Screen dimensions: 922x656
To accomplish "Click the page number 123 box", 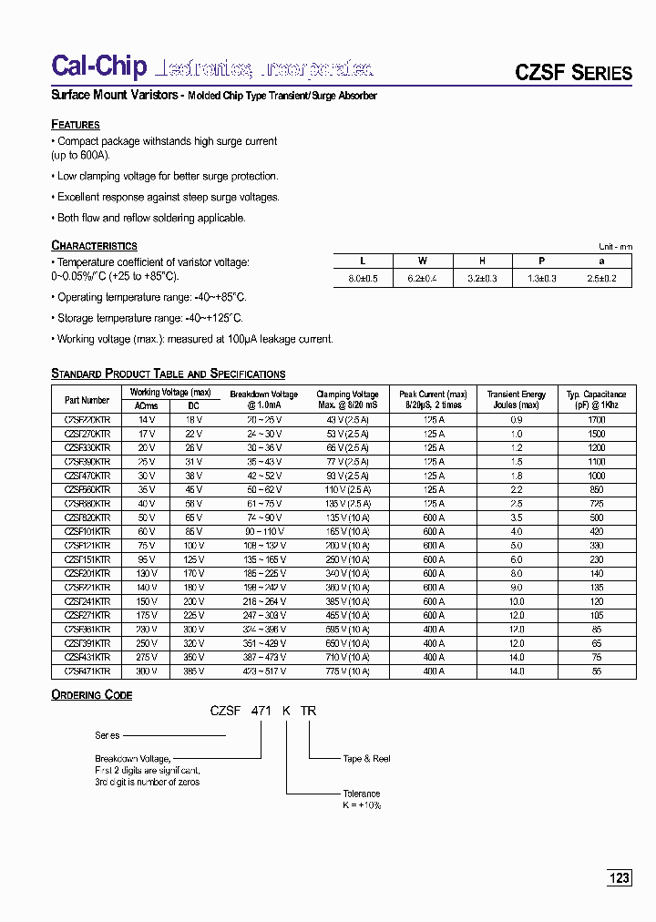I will click(620, 878).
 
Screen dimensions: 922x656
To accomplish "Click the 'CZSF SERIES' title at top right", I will click(574, 73).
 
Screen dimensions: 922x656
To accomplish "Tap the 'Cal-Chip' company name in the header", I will click(99, 67).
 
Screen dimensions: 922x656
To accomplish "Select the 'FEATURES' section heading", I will click(76, 124).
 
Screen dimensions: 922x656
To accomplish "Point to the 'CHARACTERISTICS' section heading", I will click(94, 245).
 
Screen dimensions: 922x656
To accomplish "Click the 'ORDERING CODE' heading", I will click(92, 695).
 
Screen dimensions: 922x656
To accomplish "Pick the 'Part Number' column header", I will click(87, 400).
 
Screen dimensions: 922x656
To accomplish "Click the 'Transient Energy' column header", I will click(517, 400).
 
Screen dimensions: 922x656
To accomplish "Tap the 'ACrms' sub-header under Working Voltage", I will click(146, 406).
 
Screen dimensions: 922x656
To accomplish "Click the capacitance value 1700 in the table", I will click(597, 420).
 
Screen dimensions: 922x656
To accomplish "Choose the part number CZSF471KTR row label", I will click(87, 671).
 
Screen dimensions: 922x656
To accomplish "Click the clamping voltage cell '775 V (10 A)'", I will click(347, 671).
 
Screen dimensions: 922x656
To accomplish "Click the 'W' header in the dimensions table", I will click(422, 261).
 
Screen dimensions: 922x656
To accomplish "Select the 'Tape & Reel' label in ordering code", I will click(366, 758).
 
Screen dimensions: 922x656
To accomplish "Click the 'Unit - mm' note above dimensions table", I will click(614, 247).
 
